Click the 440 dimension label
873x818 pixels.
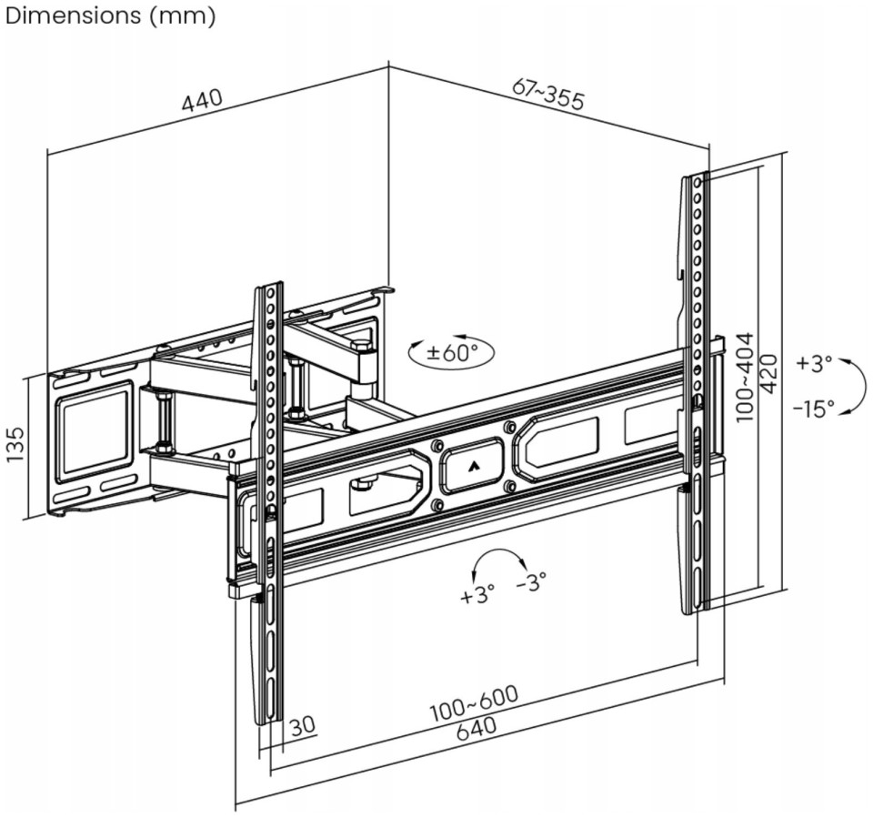[x=202, y=101]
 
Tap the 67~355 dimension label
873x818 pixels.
[x=549, y=94]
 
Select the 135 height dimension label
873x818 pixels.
[x=15, y=443]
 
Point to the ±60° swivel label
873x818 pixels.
[x=452, y=352]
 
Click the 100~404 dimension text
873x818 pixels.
[x=744, y=377]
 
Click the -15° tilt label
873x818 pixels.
[x=814, y=409]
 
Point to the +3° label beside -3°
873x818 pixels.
[x=477, y=594]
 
